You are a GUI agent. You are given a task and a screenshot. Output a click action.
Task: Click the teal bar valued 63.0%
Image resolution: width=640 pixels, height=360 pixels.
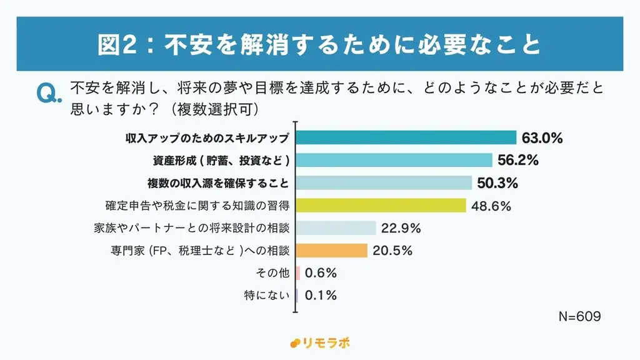click(x=406, y=137)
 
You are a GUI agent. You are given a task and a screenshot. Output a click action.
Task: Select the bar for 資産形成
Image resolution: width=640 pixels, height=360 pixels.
click(x=394, y=160)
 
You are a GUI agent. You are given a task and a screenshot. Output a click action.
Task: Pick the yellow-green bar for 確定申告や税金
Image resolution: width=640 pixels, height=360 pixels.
click(x=381, y=205)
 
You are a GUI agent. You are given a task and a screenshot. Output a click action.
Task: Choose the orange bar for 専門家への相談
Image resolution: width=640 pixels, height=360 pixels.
click(x=331, y=251)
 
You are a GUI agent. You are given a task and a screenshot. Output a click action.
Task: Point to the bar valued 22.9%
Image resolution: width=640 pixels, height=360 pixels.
click(x=336, y=227)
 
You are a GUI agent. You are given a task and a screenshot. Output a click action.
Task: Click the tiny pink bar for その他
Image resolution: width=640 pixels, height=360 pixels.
click(x=298, y=273)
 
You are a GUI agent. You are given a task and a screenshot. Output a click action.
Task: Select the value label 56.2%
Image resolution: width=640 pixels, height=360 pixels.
click(x=518, y=161)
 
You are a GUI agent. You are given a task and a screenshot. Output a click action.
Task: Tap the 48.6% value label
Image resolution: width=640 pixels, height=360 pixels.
click(x=491, y=206)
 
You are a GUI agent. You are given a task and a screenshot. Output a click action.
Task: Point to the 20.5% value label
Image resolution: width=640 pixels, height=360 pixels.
click(x=392, y=251)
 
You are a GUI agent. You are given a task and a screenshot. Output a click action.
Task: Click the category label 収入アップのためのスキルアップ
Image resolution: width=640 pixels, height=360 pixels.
click(x=207, y=138)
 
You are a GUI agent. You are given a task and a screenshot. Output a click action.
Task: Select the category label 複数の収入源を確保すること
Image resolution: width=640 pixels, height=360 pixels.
click(x=218, y=183)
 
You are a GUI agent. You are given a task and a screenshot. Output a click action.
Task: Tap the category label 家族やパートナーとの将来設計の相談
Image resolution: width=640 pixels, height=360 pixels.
click(x=191, y=228)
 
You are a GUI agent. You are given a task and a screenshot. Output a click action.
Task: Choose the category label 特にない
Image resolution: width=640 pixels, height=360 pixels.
click(x=267, y=295)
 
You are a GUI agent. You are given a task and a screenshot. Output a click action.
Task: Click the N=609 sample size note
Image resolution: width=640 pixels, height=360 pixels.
click(x=579, y=317)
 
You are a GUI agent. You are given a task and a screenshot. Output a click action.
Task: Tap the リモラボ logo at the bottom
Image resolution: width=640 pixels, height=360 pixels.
click(x=320, y=343)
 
